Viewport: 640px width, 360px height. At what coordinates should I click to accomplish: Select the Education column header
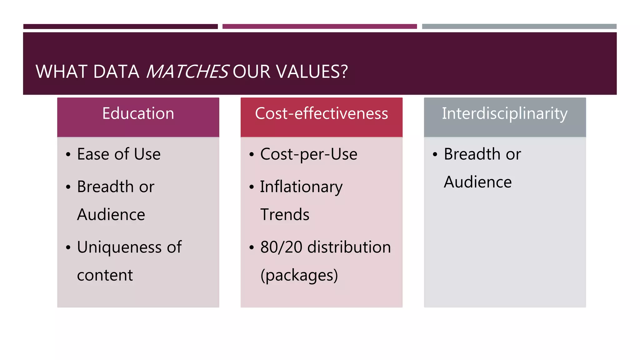[138, 113]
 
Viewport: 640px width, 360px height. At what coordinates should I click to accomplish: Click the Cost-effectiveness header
[321, 113]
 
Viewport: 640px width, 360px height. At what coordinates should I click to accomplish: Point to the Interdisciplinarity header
[504, 113]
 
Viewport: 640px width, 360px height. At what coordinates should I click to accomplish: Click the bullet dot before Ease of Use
[68, 154]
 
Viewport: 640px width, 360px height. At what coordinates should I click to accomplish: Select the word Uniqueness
[119, 247]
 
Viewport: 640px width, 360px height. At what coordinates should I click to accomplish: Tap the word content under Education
[105, 275]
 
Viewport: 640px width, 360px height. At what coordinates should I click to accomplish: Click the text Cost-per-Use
[309, 154]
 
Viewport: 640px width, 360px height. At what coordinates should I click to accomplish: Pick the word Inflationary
[301, 187]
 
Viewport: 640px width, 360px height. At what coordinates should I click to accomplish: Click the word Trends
[285, 214]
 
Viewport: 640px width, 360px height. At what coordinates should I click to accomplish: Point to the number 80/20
[281, 247]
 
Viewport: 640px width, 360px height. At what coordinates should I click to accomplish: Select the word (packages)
[299, 275]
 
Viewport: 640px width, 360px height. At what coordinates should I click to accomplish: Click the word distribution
[349, 247]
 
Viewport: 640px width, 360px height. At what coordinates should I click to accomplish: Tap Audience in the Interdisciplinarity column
[477, 182]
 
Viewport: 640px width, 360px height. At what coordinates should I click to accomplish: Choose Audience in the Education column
[111, 214]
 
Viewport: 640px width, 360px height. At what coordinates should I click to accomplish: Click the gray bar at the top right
[519, 27]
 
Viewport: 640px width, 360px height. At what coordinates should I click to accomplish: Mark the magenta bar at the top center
[319, 27]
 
